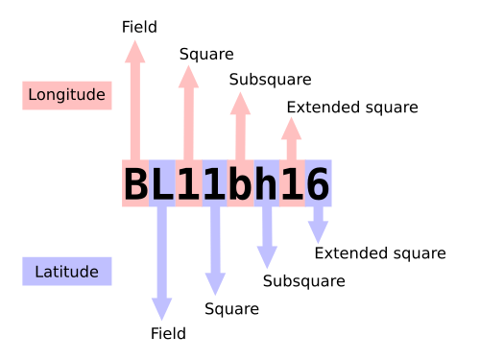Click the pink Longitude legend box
point(67,95)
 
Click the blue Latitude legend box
point(67,271)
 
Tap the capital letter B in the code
point(135,183)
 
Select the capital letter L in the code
point(162,183)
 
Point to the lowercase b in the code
point(240,182)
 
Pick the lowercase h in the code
point(266,182)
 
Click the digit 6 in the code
point(318,183)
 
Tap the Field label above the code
point(139,27)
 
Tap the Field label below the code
point(168,333)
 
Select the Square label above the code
point(206,54)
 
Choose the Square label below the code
point(231,309)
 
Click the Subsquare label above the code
point(270,80)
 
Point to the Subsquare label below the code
point(304,281)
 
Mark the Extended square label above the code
point(352,108)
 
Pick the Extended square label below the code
point(380,253)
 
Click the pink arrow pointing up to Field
point(135,100)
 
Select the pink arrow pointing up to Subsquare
point(240,126)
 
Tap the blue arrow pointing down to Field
point(162,263)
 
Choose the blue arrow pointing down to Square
point(215,251)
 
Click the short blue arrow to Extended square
point(318,225)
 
